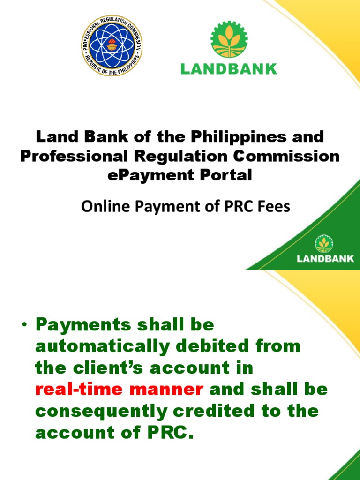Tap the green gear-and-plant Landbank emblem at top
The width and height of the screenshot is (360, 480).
(228, 39)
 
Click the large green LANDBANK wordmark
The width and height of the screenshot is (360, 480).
(229, 69)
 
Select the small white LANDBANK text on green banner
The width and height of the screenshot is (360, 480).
(325, 258)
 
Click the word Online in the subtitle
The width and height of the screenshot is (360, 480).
(104, 207)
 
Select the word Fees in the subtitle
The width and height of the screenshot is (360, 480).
(275, 207)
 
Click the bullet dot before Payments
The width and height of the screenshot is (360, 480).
(25, 325)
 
